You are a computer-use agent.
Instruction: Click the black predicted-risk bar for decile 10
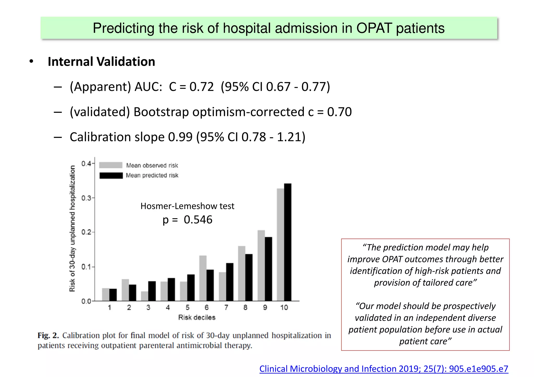click(288, 242)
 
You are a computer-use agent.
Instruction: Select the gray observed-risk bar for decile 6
click(203, 278)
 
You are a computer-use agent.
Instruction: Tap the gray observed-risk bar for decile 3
click(144, 296)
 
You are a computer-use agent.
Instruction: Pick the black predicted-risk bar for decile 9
click(268, 269)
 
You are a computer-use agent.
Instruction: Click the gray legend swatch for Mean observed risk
click(111, 165)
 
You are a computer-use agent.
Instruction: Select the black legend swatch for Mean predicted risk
click(111, 175)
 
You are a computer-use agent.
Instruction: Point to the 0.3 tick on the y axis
click(87, 198)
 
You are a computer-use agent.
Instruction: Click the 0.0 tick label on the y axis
click(86, 301)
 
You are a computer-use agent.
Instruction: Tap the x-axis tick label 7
click(226, 308)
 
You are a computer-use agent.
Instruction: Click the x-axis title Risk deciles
click(197, 317)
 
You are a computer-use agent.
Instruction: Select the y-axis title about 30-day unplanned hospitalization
click(72, 229)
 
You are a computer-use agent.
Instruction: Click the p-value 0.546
click(198, 220)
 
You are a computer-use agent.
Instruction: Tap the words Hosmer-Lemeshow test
click(187, 206)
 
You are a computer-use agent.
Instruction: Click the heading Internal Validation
click(101, 62)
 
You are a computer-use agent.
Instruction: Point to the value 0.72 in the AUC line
click(201, 87)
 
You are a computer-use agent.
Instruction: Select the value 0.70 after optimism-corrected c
click(339, 112)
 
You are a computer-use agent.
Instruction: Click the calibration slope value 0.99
click(180, 137)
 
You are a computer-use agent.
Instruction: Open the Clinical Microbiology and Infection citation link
click(384, 369)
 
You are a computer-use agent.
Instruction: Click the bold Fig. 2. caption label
click(48, 335)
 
